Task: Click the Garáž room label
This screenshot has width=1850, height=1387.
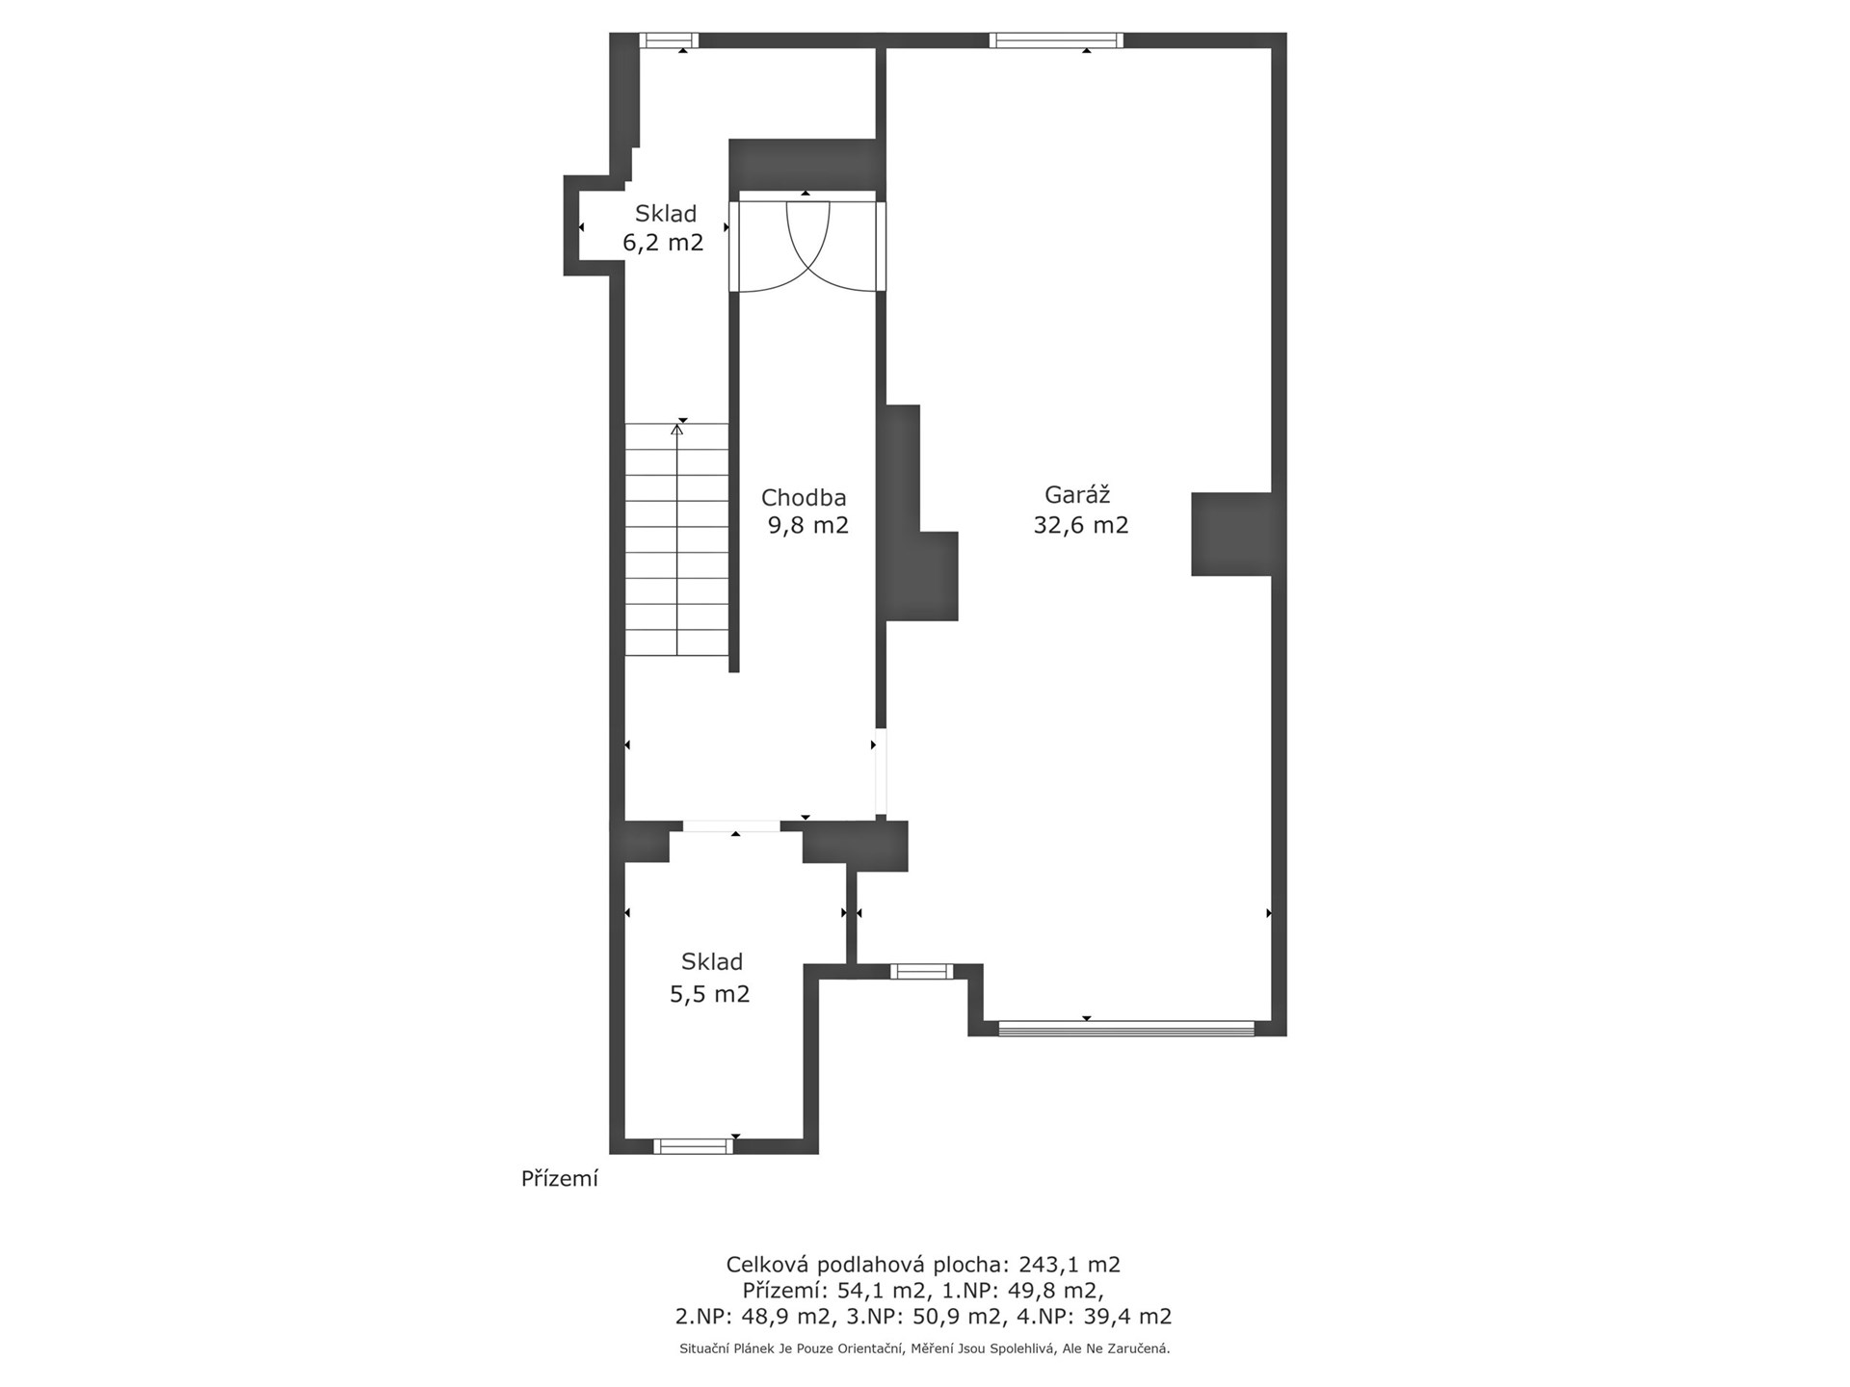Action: click(x=1077, y=495)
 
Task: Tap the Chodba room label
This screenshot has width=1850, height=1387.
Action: click(x=804, y=498)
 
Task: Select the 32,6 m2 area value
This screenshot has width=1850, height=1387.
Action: click(x=1080, y=526)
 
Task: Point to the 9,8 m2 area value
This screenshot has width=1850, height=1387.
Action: click(x=807, y=526)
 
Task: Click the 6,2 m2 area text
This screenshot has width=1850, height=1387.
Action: click(x=663, y=243)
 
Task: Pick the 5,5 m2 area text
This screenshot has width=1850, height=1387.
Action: click(x=709, y=994)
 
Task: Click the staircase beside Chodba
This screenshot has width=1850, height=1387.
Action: click(x=676, y=539)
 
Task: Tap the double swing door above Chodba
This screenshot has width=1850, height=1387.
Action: click(x=806, y=246)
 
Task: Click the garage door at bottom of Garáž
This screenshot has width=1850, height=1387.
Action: click(x=1126, y=1029)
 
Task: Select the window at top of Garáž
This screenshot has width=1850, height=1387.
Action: click(x=1056, y=40)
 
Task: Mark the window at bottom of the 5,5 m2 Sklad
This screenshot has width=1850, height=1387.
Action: click(x=693, y=1146)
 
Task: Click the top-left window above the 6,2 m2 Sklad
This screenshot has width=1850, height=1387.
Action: click(x=670, y=40)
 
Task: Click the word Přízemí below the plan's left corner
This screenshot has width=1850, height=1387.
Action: click(x=560, y=1179)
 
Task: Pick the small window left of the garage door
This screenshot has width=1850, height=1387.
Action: click(x=921, y=972)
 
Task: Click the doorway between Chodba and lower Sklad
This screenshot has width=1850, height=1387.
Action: click(x=732, y=826)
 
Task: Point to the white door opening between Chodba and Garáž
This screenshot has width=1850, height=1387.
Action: click(x=881, y=773)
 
